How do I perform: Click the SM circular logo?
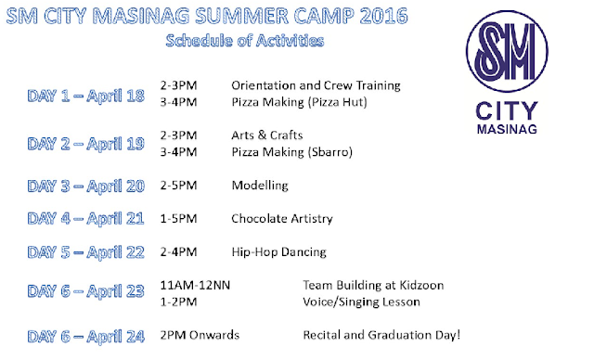click(507, 51)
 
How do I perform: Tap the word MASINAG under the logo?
click(507, 129)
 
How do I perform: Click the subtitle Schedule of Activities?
click(245, 41)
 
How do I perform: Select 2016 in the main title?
click(383, 17)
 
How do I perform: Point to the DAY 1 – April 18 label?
click(85, 96)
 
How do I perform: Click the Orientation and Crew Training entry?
click(316, 85)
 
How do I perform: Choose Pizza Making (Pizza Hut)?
click(299, 102)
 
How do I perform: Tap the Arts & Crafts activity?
click(267, 135)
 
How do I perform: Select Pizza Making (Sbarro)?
click(292, 152)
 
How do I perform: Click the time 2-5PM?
click(178, 186)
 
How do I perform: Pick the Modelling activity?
click(260, 186)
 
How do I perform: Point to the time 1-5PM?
click(178, 219)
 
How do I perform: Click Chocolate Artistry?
click(282, 219)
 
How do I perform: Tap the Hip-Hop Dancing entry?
click(278, 252)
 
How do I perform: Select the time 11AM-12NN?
click(195, 285)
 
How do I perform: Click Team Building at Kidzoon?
click(373, 285)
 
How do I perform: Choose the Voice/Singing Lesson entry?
click(361, 302)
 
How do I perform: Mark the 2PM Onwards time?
click(200, 335)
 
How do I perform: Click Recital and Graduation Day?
click(381, 335)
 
